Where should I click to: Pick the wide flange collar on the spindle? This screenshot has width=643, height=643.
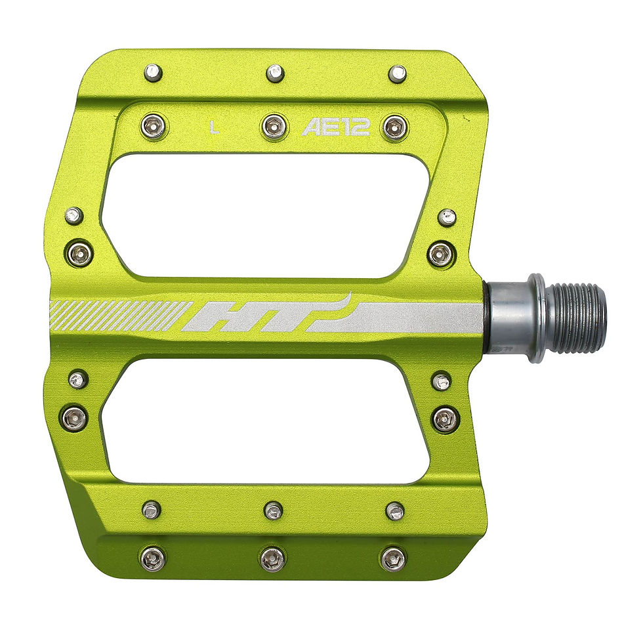[x=537, y=318]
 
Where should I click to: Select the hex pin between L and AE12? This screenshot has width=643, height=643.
[x=274, y=126]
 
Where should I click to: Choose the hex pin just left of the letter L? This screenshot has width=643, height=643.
[x=153, y=125]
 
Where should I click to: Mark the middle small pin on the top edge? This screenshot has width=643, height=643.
[x=275, y=73]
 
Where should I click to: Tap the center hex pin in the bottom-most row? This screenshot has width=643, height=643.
[x=272, y=558]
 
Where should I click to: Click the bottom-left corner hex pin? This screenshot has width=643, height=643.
[x=152, y=558]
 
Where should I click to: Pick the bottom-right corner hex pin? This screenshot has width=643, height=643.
[x=393, y=558]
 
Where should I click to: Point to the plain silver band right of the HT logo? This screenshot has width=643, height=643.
[x=420, y=318]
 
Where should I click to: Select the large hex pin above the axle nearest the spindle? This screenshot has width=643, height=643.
[x=440, y=254]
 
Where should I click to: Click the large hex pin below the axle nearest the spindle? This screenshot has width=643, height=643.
[x=444, y=419]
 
